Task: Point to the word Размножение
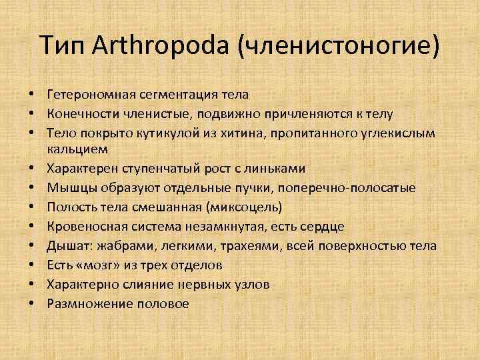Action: pos(85,303)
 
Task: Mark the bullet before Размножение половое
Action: pos(31,303)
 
